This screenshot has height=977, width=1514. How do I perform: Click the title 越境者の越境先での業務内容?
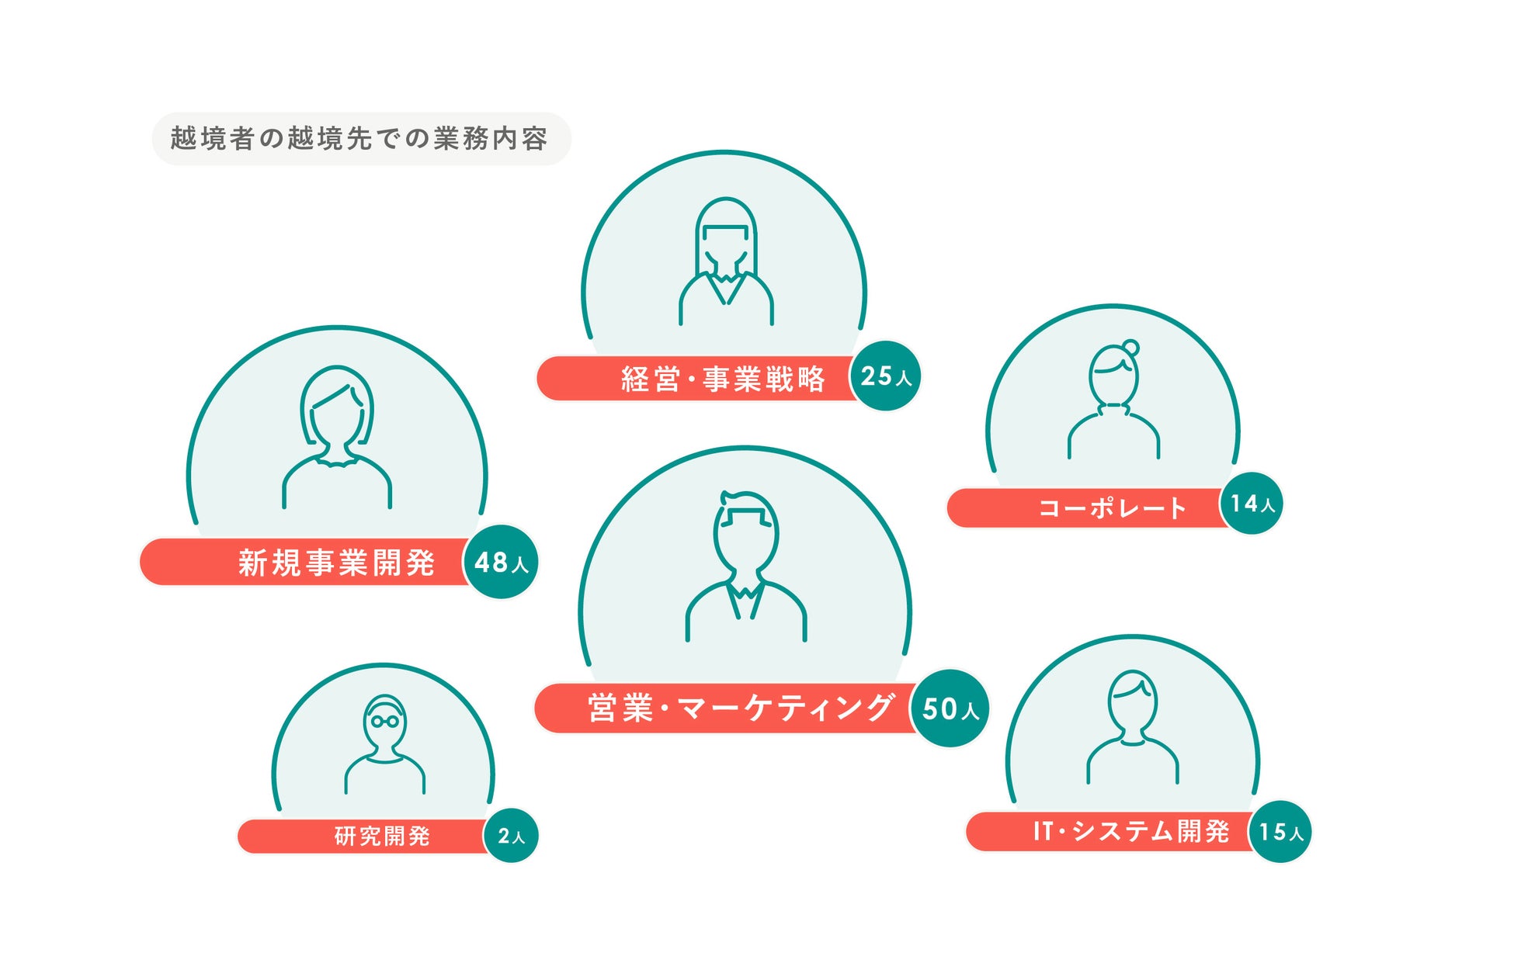(360, 139)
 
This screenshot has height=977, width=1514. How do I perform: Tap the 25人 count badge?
(885, 376)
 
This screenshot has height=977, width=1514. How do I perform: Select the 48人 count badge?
(501, 562)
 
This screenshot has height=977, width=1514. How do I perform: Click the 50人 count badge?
(950, 708)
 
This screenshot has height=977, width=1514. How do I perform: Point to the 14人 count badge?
(1252, 504)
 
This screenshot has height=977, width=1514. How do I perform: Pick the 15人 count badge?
(1280, 832)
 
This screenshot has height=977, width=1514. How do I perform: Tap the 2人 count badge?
(511, 836)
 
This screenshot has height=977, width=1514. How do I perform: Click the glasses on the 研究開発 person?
(384, 721)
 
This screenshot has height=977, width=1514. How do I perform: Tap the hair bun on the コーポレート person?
(1130, 348)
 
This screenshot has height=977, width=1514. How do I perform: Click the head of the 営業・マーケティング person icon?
(745, 532)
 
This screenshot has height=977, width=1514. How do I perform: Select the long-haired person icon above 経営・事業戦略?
(725, 260)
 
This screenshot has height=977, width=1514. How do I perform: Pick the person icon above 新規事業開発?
(337, 436)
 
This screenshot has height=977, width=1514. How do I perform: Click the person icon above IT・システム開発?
(1132, 726)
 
